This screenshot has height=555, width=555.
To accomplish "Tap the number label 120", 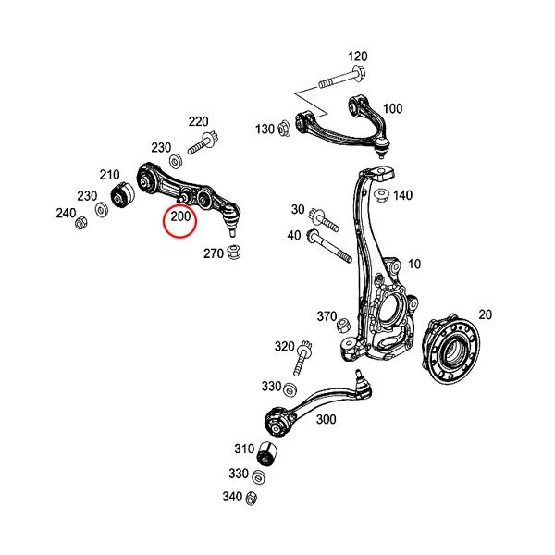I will (x=357, y=56).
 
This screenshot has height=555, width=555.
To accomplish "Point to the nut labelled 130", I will (x=283, y=129).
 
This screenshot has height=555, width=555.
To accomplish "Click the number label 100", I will (x=391, y=108).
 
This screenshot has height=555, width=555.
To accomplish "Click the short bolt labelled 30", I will (x=325, y=218).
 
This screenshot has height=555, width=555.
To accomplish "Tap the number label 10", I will (x=413, y=264).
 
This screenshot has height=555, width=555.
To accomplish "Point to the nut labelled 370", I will (x=341, y=325).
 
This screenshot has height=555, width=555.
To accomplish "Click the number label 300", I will (x=326, y=419).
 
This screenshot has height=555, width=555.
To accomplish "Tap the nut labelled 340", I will (x=251, y=499).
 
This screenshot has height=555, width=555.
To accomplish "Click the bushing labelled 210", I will (x=122, y=196).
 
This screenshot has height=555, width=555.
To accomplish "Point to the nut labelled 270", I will (x=236, y=252).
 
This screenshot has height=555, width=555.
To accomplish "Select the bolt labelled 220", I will (x=203, y=143).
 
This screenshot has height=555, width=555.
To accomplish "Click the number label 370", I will (x=327, y=315).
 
